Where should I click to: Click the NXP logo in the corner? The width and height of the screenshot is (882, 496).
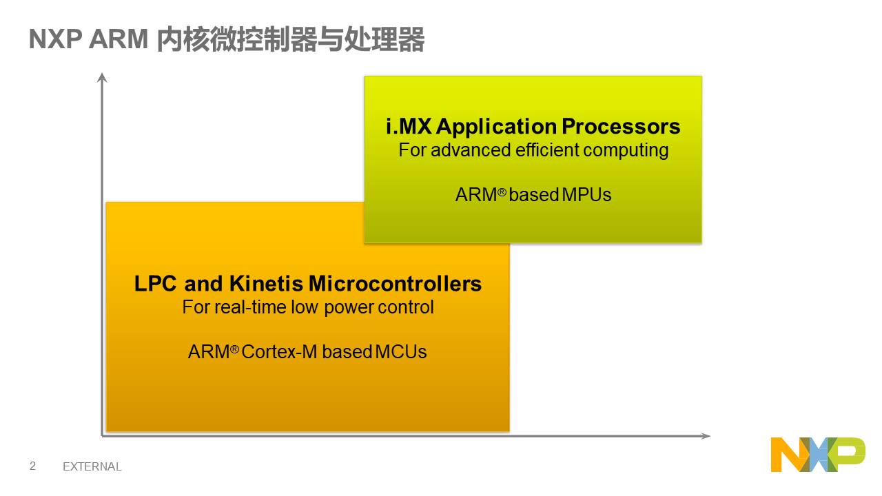pos(818,454)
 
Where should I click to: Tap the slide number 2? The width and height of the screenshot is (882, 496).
pos(32,466)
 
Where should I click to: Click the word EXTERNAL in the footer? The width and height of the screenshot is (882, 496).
pos(92,466)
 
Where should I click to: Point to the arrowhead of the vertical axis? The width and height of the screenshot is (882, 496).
pos(102,77)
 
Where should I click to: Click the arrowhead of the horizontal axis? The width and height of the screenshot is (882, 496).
pos(706,436)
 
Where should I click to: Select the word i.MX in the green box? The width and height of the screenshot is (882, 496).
pos(409,126)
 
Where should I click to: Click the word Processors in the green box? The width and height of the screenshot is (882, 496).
pos(621,126)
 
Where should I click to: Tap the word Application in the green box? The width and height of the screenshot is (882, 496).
pos(496,127)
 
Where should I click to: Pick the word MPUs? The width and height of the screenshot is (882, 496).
pos(586,194)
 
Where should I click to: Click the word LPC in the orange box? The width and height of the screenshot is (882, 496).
pos(156,283)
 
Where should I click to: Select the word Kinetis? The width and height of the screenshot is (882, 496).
pos(266,283)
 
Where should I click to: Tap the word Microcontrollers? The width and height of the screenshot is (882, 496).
pos(395,283)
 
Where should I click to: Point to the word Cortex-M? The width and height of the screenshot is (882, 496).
pos(279,351)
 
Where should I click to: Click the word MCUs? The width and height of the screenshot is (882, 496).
pos(401,351)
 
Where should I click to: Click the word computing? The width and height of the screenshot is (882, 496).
pos(626,151)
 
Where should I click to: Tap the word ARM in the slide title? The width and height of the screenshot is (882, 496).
pos(119,39)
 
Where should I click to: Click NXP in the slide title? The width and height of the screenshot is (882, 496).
pos(56,39)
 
